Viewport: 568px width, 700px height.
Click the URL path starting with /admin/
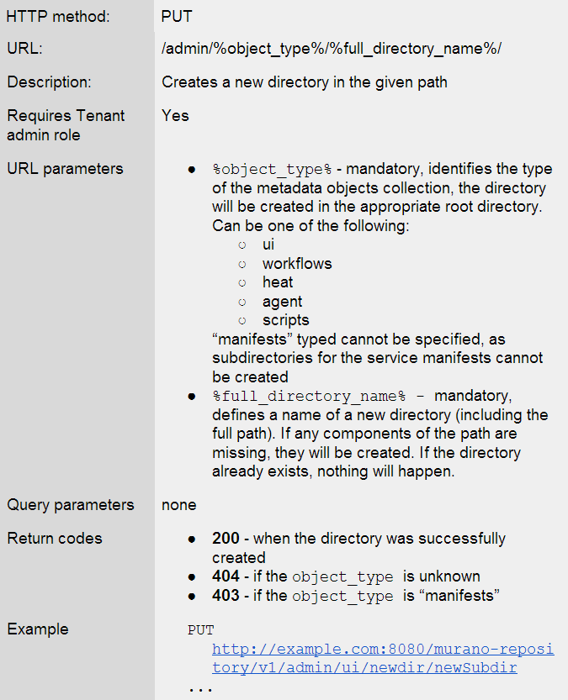click(x=332, y=49)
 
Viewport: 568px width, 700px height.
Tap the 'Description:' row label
click(x=50, y=82)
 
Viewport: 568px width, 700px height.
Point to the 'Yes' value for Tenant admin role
click(x=175, y=116)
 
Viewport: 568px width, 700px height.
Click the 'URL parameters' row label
click(x=65, y=169)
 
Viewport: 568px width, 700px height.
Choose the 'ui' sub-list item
click(x=268, y=245)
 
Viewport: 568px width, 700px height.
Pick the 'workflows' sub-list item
click(x=297, y=264)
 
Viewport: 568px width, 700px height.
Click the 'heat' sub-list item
click(x=278, y=282)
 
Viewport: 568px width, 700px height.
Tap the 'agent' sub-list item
click(x=282, y=302)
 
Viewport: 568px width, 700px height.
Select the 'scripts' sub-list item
click(x=285, y=320)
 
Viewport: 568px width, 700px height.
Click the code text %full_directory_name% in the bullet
click(x=309, y=396)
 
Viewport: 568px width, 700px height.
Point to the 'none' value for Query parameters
click(x=179, y=505)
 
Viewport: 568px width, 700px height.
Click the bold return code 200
click(x=226, y=539)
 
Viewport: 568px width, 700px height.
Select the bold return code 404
click(x=226, y=576)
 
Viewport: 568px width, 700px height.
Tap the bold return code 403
click(x=226, y=596)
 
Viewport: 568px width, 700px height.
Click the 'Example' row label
click(x=38, y=629)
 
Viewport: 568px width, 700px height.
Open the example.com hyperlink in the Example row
click(x=383, y=650)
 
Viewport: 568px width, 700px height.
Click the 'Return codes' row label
click(x=55, y=539)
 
